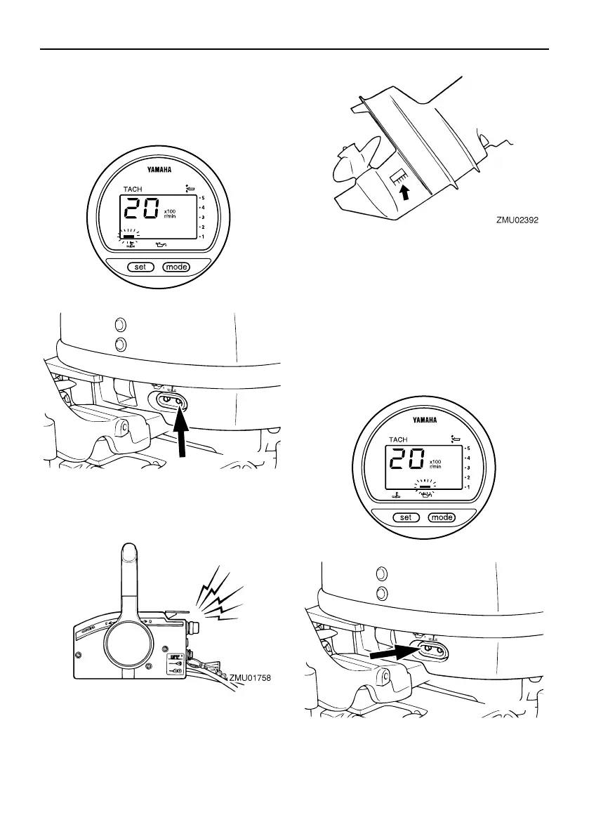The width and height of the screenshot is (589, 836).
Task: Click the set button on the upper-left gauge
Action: (x=140, y=267)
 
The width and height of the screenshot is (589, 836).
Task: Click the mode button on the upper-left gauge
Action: (x=176, y=267)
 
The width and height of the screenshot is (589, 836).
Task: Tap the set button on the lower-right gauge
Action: (x=405, y=518)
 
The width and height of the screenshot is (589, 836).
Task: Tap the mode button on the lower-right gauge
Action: (x=442, y=518)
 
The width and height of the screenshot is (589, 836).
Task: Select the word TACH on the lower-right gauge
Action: (x=398, y=440)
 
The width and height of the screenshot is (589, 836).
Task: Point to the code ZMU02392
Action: (x=520, y=219)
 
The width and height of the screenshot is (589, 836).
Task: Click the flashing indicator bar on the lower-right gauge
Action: (x=423, y=486)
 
